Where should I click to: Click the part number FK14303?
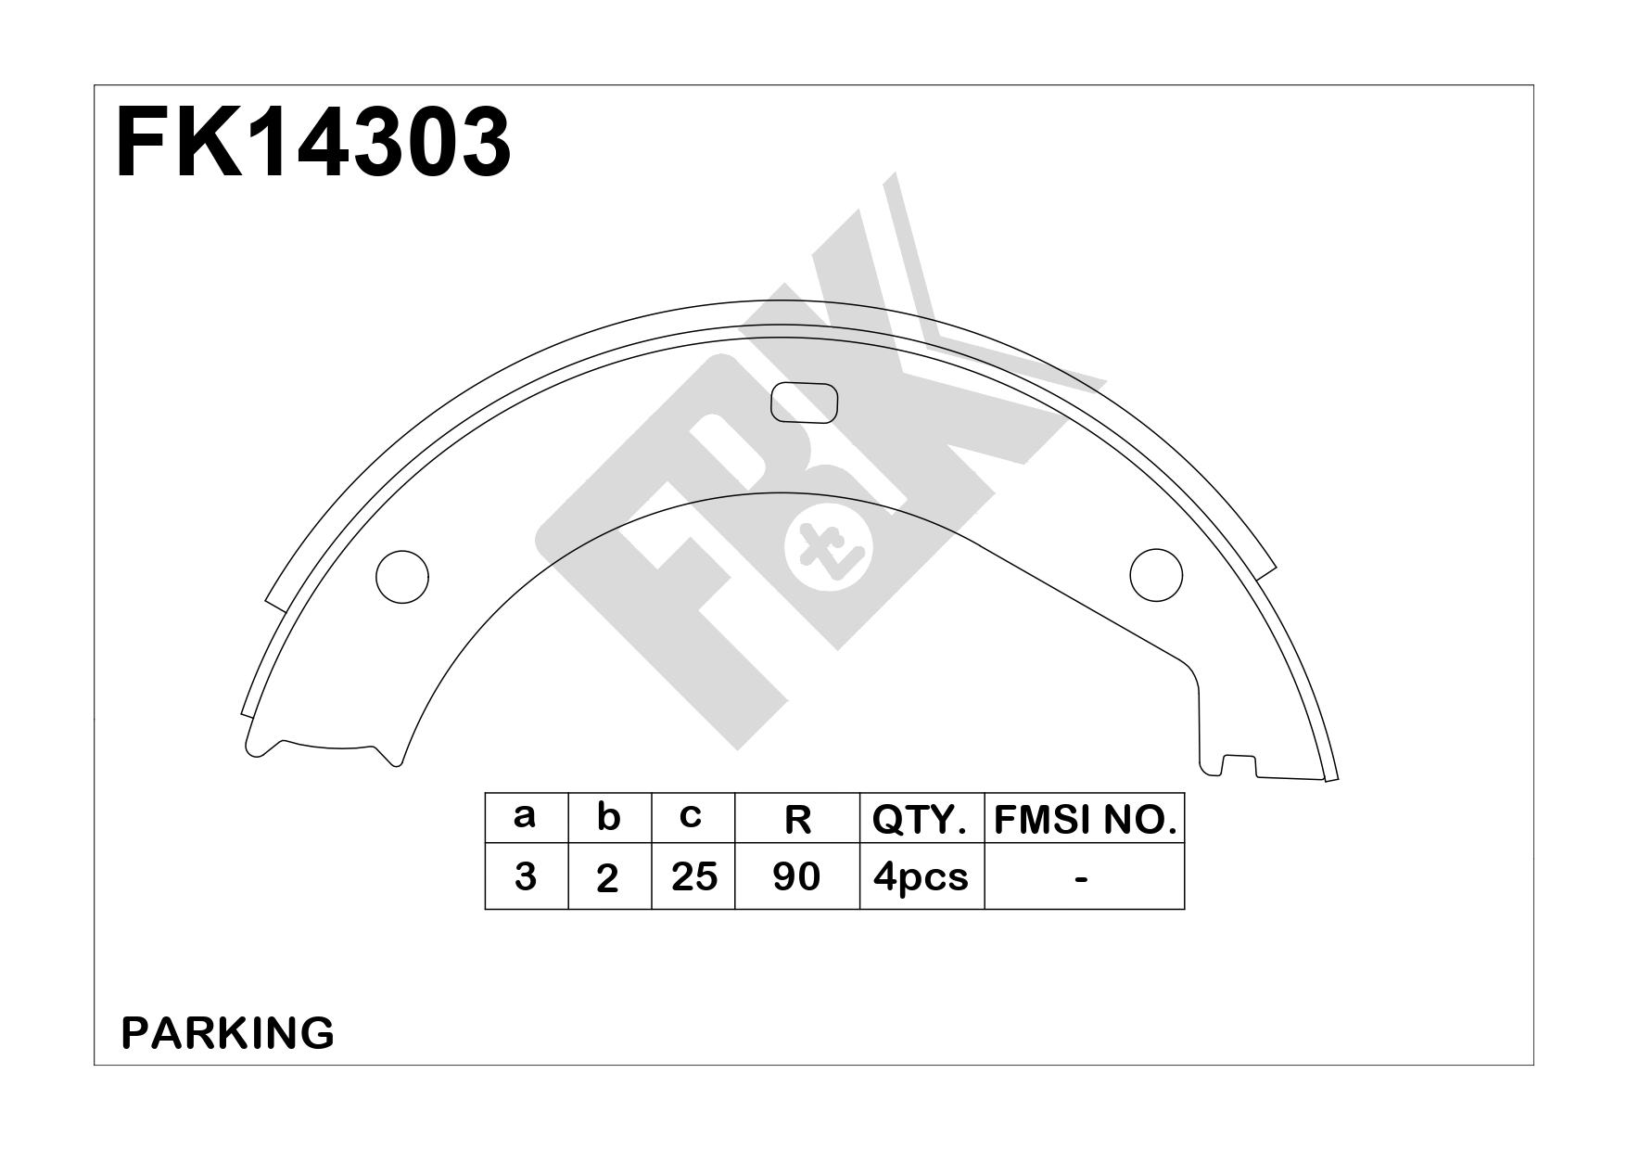click(313, 143)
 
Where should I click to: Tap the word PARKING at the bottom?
click(228, 1033)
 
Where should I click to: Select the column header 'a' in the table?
click(525, 816)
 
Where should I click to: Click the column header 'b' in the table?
click(608, 817)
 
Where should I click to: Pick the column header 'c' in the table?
click(691, 816)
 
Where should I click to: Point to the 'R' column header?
click(797, 820)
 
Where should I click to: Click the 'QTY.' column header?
click(921, 820)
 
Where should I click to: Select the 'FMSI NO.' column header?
click(1085, 820)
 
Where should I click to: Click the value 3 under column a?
click(525, 876)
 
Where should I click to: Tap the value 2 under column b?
click(608, 878)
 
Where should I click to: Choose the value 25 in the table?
click(693, 876)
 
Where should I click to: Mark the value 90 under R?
click(796, 876)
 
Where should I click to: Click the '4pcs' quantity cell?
click(921, 876)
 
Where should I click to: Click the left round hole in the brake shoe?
click(402, 577)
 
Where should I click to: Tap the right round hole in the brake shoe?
click(1156, 575)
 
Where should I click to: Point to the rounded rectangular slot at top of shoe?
click(804, 404)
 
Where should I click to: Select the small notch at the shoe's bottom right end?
click(1239, 764)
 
